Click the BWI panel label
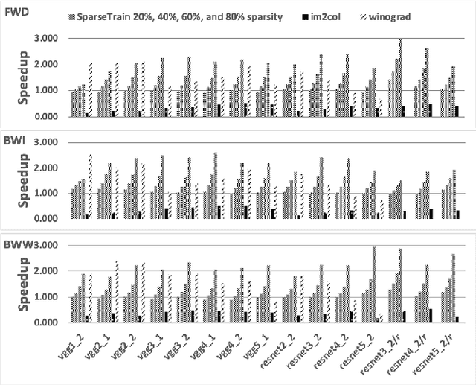16,141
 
